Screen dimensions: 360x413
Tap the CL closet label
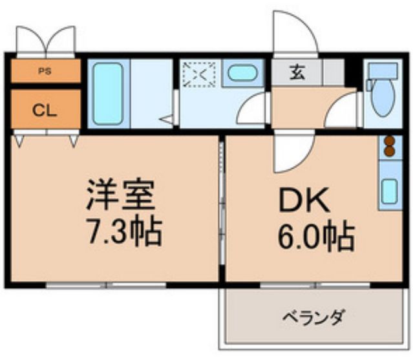[x=45, y=109]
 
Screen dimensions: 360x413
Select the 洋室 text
[x=123, y=195]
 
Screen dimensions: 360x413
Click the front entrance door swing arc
[x=294, y=32]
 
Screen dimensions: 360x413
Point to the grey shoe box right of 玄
[x=334, y=72]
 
